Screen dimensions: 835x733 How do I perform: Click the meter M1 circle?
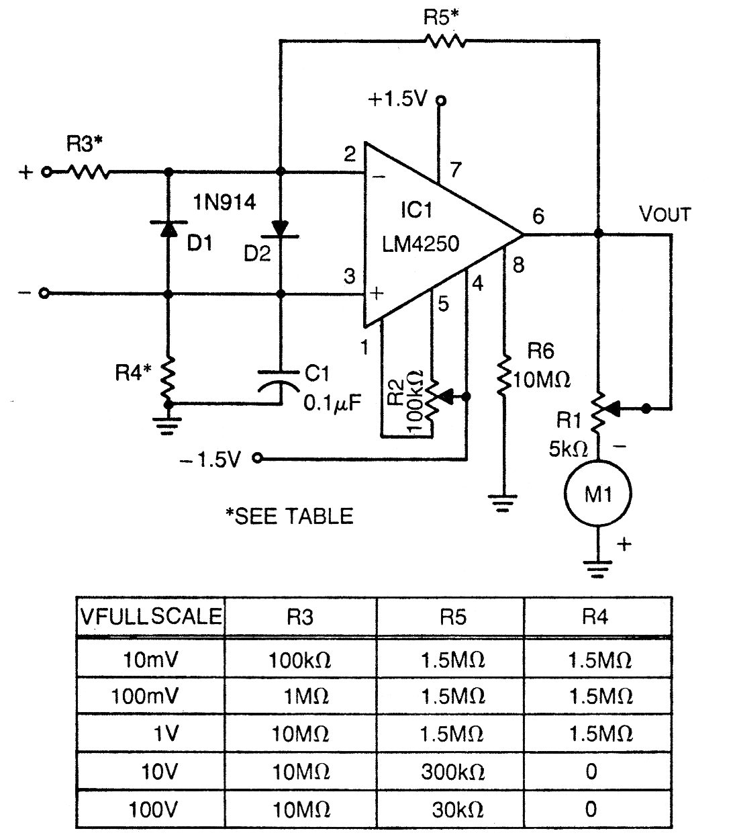tap(597, 494)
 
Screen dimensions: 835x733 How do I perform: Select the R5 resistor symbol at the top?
tap(444, 42)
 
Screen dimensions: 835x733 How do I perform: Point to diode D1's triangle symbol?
tap(167, 230)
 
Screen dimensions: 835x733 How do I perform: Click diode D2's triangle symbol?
tap(281, 228)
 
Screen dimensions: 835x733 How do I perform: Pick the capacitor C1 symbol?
tap(281, 380)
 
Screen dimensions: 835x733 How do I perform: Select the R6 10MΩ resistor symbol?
tap(503, 376)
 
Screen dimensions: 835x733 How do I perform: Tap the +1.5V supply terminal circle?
tap(440, 101)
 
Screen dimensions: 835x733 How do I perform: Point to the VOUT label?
tap(664, 215)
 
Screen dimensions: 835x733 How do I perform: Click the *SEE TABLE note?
tap(289, 516)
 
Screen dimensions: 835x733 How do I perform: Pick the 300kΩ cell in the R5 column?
tap(452, 772)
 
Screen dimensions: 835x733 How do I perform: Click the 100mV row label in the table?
tap(145, 696)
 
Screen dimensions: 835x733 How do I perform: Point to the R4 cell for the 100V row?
tap(591, 809)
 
